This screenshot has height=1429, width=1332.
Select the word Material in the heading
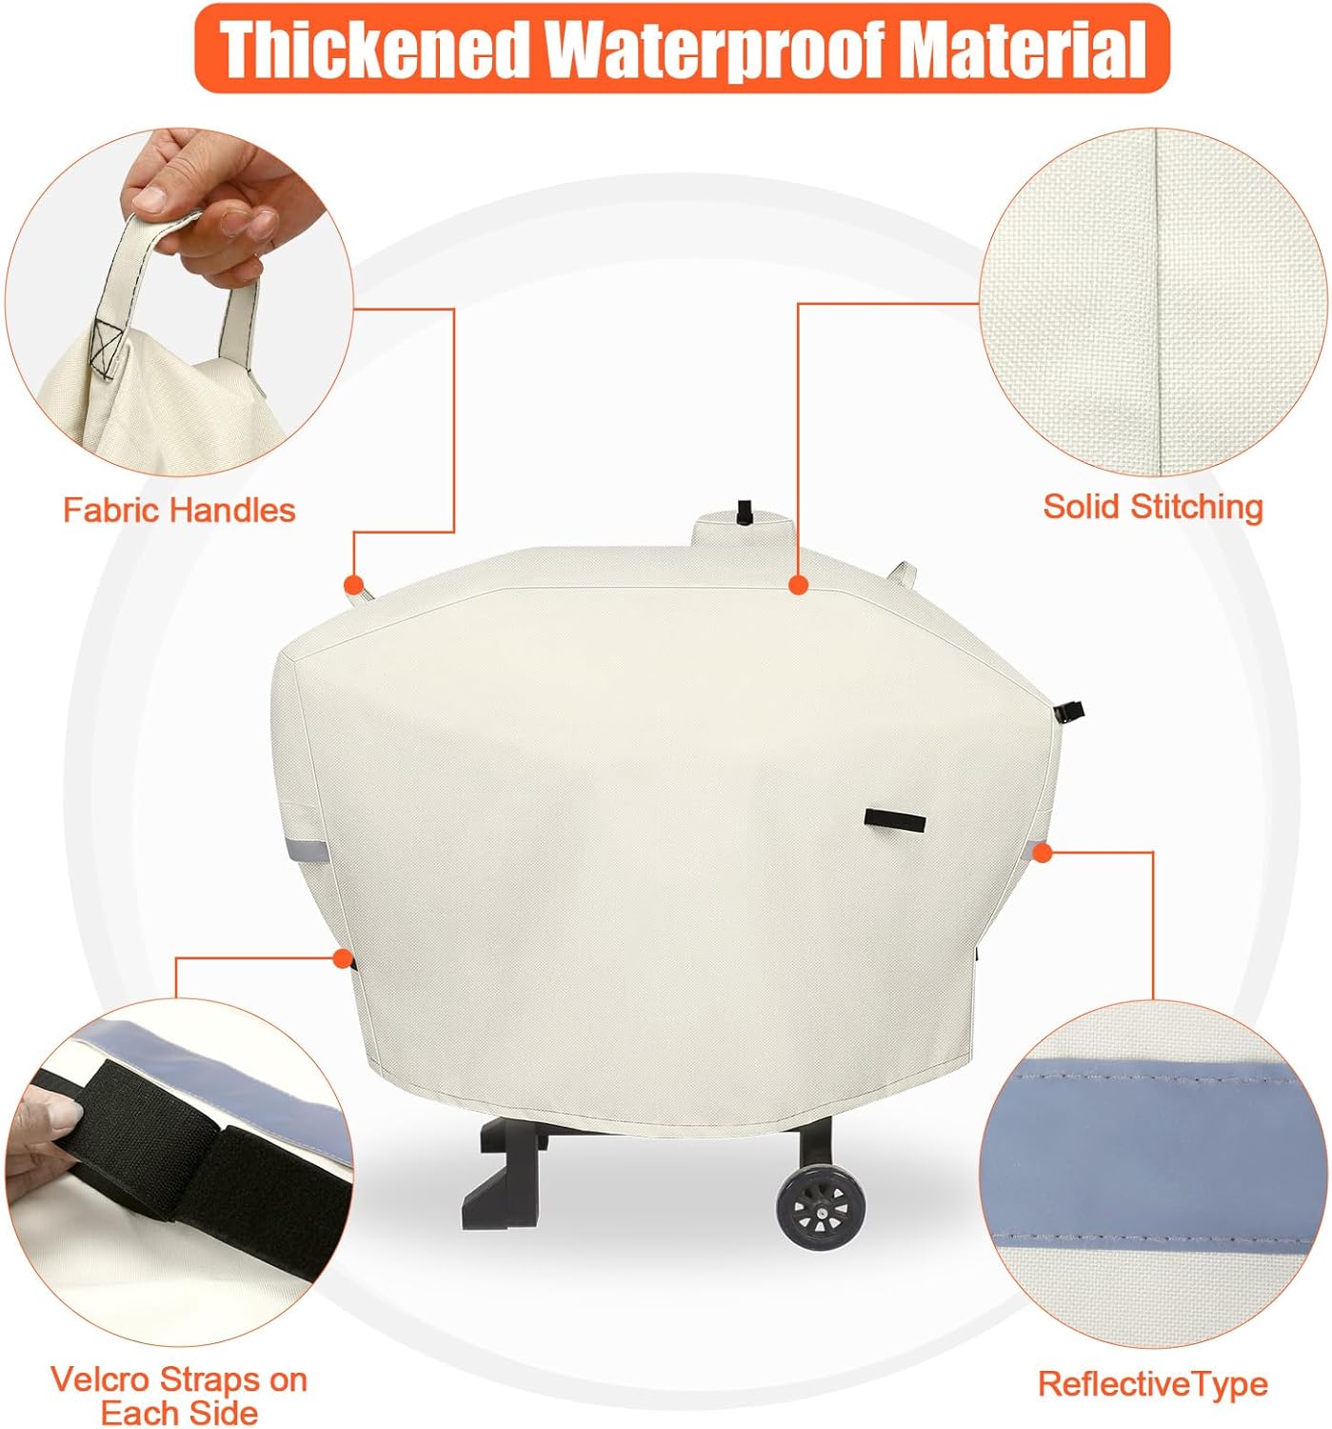[1022, 49]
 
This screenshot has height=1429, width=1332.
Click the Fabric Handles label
[179, 510]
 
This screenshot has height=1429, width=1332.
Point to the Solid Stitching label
[1153, 507]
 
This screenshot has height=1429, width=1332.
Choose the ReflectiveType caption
[1152, 1384]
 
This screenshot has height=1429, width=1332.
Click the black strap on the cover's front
[895, 819]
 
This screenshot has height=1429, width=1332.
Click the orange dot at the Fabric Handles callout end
[352, 583]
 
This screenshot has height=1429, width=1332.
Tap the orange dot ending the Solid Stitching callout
[797, 585]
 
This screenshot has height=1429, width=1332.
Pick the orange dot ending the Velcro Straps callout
[341, 957]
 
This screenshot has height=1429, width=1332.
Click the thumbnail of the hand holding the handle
[179, 303]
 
